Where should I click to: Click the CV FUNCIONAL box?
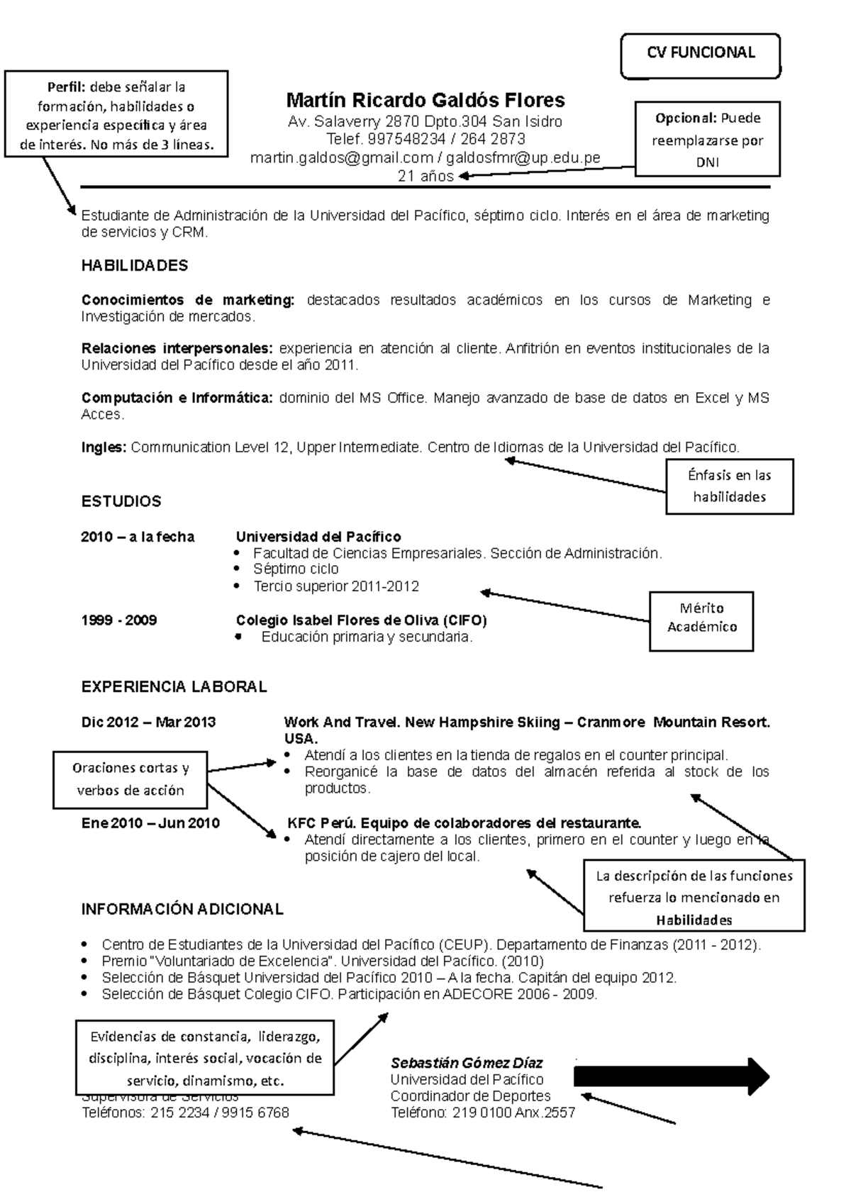click(x=700, y=54)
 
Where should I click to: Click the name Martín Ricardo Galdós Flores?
click(x=425, y=99)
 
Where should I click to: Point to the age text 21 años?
click(x=425, y=177)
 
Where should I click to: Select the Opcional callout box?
click(x=707, y=140)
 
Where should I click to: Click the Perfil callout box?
click(x=116, y=115)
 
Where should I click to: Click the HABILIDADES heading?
click(x=135, y=266)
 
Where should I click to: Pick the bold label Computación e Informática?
click(x=177, y=398)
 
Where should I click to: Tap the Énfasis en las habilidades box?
click(x=729, y=486)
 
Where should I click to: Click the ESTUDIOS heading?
click(x=121, y=501)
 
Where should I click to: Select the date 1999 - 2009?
click(x=119, y=620)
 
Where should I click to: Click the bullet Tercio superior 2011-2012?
click(x=335, y=586)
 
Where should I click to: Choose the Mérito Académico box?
click(x=701, y=618)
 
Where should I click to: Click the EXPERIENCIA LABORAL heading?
click(x=174, y=686)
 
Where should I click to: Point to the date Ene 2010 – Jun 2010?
click(x=150, y=823)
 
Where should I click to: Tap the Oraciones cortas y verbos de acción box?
click(x=130, y=779)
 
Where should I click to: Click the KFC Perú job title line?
click(x=464, y=823)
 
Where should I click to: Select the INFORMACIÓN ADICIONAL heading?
click(x=182, y=909)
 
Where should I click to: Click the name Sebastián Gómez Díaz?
click(x=467, y=1063)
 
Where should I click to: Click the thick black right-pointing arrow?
click(x=670, y=1076)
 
